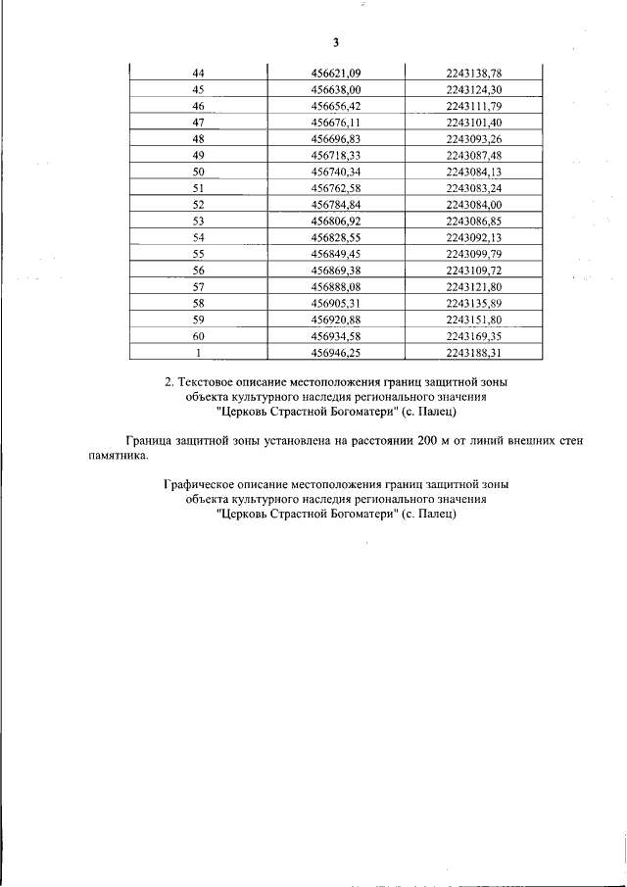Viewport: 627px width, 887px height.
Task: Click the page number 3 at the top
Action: (335, 42)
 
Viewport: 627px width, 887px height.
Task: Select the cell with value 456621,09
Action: (335, 72)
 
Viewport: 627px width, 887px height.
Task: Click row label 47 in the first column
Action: (198, 123)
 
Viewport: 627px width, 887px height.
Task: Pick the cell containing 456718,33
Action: (335, 156)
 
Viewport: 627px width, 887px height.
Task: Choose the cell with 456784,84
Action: (335, 205)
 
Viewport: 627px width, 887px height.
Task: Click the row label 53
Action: (198, 222)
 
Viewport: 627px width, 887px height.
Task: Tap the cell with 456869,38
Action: (335, 271)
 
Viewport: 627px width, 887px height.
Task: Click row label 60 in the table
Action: (198, 337)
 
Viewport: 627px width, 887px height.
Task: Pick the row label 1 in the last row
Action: (198, 354)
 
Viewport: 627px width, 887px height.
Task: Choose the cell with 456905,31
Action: (335, 304)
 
